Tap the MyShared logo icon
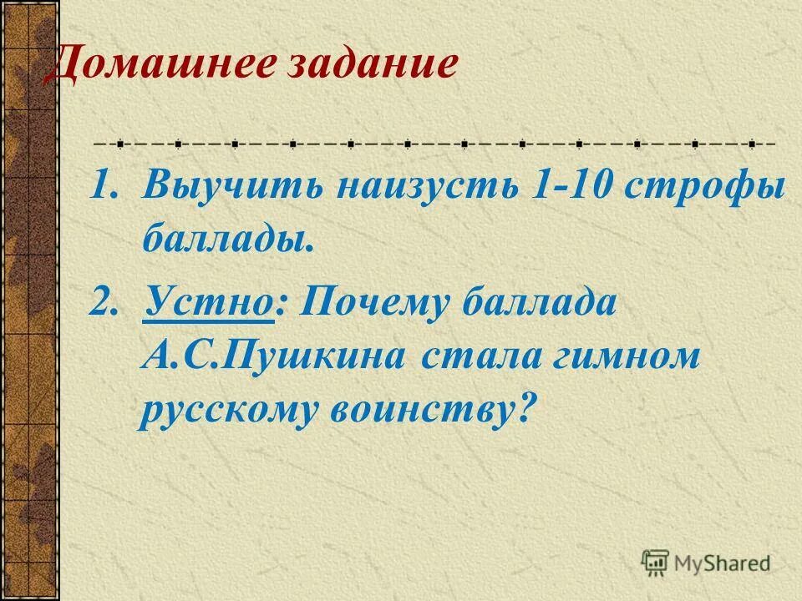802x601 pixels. pyautogui.click(x=655, y=562)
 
